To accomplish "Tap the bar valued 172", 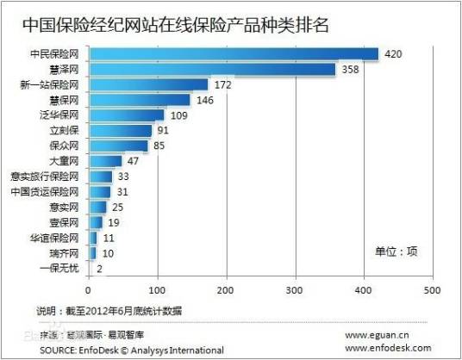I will [147, 84].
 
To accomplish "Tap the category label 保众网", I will [66, 146].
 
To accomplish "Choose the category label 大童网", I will [66, 161].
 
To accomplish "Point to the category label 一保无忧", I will [61, 269].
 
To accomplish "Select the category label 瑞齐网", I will [66, 253].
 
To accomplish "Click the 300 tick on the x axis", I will [296, 289].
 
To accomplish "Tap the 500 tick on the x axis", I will [433, 289].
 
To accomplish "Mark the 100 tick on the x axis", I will [157, 289].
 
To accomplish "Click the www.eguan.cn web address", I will [378, 335].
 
